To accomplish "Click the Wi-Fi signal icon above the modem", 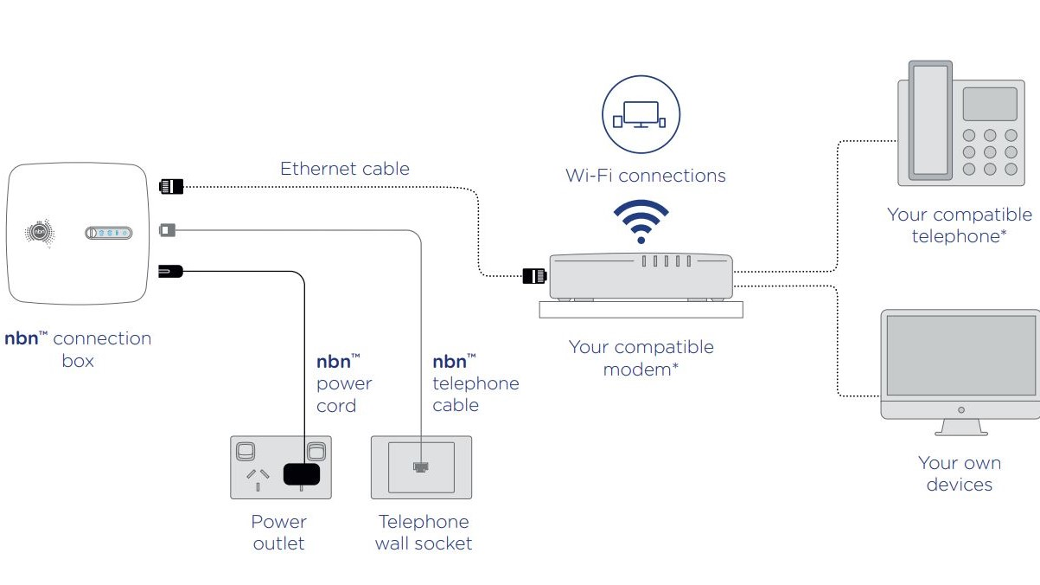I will [x=641, y=221].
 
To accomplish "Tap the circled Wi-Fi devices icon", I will [x=641, y=114].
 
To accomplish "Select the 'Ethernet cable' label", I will [x=344, y=168].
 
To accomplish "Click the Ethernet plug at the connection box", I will [x=171, y=185].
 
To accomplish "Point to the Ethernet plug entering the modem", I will [x=534, y=276].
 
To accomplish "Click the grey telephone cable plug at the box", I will [x=168, y=230].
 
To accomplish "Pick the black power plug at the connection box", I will [x=170, y=272].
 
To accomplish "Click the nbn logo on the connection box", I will [x=39, y=232].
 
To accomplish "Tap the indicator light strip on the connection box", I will [x=108, y=233].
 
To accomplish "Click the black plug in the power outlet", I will [x=302, y=473].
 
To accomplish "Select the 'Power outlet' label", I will [x=279, y=532].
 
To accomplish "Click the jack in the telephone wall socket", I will [x=421, y=467].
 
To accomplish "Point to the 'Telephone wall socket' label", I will [x=424, y=532].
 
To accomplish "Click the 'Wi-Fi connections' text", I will [x=645, y=176].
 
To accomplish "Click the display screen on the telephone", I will [x=989, y=104].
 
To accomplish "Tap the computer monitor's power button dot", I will [x=961, y=409].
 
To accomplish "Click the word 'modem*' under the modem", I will [x=641, y=370].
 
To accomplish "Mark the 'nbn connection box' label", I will [x=78, y=349].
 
